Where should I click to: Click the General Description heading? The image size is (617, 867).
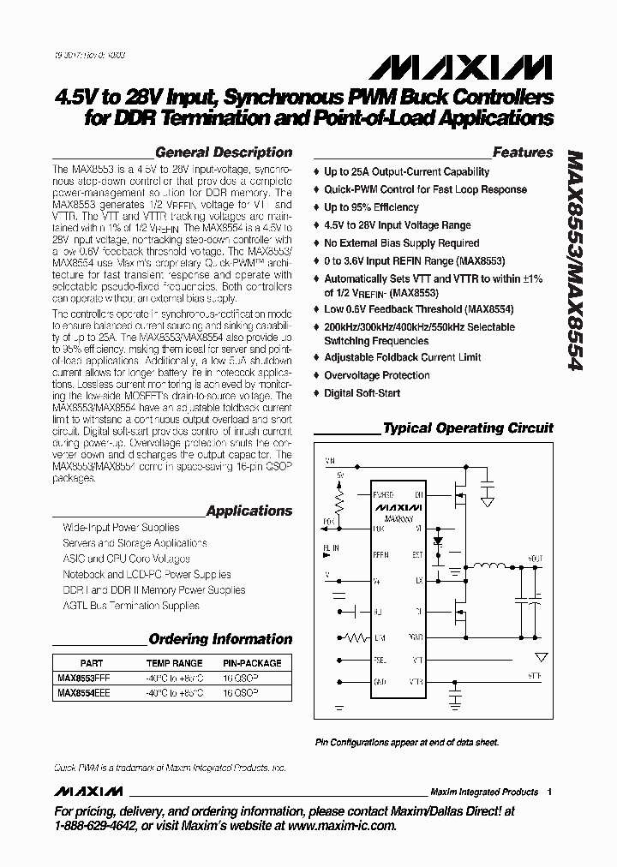click(224, 152)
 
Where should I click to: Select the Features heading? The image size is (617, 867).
click(523, 152)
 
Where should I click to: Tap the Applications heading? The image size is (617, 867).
click(249, 511)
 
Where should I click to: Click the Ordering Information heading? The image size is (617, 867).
click(220, 639)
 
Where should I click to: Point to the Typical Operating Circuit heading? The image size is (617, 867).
click(468, 428)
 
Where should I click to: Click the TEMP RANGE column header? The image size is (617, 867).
click(174, 663)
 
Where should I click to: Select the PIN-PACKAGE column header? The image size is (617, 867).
click(252, 663)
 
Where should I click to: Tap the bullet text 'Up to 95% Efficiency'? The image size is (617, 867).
click(371, 207)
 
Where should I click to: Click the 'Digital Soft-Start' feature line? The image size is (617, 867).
click(362, 393)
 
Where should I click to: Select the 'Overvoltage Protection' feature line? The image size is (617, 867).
click(376, 375)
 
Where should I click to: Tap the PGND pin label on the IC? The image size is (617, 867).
click(416, 637)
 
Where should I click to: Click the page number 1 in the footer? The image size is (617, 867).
click(549, 792)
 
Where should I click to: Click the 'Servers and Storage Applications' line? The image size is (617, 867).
click(135, 543)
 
